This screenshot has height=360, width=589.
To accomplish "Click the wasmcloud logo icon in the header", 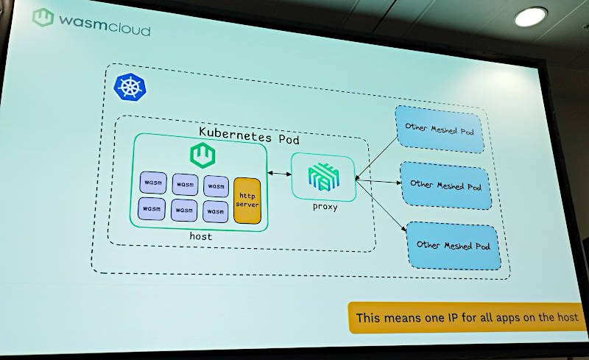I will (x=43, y=18).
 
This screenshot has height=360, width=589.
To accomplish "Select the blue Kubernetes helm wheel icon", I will (x=130, y=86).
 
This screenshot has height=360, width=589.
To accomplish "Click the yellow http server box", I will (x=247, y=200).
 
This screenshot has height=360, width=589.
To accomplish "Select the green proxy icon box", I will (x=322, y=177).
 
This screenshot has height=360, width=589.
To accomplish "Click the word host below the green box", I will (x=200, y=236).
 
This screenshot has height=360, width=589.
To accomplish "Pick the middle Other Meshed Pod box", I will (x=445, y=186).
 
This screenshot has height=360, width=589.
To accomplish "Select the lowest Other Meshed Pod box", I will (x=452, y=245).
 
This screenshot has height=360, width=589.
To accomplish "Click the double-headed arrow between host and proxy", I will (x=279, y=174).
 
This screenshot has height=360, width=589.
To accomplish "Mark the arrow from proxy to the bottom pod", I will (x=382, y=207).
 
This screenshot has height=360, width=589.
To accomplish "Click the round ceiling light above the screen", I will (x=530, y=17).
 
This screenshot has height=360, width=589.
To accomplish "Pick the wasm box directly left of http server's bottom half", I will (x=215, y=211).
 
